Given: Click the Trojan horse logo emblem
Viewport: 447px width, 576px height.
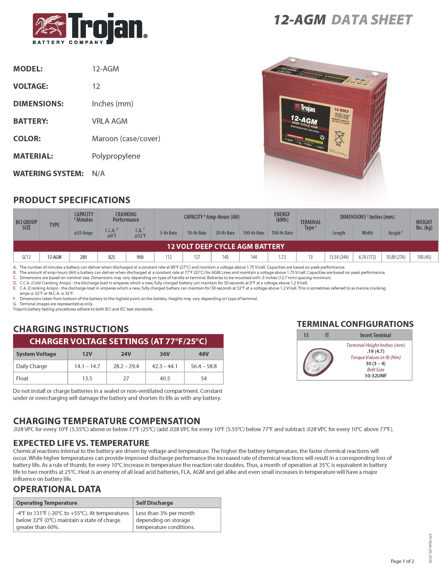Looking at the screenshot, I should (49, 26).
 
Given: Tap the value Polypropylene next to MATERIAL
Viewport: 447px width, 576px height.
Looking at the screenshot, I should (116, 156).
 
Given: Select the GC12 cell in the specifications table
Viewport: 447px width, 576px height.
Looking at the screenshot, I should (26, 257).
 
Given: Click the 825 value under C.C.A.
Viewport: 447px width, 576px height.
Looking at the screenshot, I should (112, 257).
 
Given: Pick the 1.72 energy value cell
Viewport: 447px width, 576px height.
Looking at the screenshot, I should (282, 257).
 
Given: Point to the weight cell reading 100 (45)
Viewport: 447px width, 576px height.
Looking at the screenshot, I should (424, 257).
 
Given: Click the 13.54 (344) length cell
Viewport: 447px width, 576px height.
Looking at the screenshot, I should (339, 257).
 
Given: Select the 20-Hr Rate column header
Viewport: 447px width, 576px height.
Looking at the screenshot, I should (225, 233).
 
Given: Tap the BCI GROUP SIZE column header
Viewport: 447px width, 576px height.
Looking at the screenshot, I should (26, 225).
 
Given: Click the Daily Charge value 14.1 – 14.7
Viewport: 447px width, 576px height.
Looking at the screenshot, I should (87, 366).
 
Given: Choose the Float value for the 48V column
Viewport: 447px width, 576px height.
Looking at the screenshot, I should (204, 378).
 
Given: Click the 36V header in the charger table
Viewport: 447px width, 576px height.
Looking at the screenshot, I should (165, 354).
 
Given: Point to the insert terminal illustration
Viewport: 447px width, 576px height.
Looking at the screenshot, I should (318, 361).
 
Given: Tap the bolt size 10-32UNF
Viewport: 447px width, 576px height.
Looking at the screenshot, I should (375, 376).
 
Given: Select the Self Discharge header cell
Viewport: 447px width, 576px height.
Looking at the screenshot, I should (154, 503).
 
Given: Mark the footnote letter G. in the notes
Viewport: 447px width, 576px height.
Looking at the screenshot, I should (15, 304).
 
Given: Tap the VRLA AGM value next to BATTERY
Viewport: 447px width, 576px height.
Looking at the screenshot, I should (110, 121).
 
